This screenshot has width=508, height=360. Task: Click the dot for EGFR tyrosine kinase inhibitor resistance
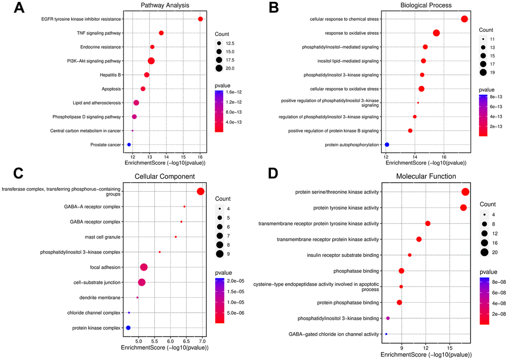(200, 19)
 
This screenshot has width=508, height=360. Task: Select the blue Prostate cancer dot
(129, 144)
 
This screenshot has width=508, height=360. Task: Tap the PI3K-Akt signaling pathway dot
(151, 61)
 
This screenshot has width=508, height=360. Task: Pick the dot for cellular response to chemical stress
(464, 19)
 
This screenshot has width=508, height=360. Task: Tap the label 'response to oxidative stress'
(348, 33)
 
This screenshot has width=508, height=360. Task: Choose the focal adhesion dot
(144, 267)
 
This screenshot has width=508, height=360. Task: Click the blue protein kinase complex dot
(128, 328)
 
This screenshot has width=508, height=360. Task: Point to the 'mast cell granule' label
(99, 237)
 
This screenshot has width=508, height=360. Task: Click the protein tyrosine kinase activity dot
(463, 208)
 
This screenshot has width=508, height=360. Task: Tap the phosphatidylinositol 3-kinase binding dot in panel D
(388, 318)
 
